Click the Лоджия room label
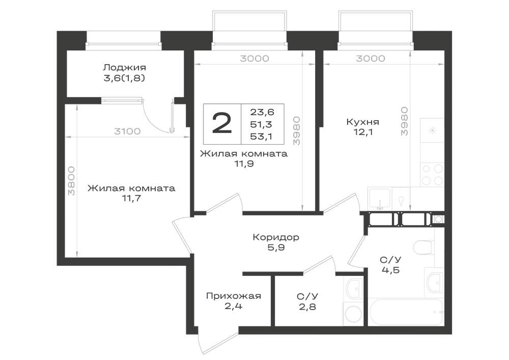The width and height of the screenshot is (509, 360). [x=124, y=68]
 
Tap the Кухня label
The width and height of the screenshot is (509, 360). [x=362, y=122]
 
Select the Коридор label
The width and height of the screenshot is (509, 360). [x=275, y=237]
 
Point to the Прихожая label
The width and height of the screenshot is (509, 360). [x=234, y=296]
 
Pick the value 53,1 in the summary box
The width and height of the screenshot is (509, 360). [x=262, y=136]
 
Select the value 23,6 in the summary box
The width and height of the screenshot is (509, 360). [x=262, y=112]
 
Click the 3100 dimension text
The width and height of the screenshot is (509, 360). [x=127, y=131]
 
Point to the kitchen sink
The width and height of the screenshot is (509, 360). [x=380, y=198]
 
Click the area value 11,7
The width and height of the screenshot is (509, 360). [x=131, y=199]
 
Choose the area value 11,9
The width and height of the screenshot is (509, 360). [x=244, y=164]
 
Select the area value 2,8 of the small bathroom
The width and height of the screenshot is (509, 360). [x=307, y=307]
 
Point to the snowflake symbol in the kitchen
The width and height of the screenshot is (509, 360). [x=432, y=131]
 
